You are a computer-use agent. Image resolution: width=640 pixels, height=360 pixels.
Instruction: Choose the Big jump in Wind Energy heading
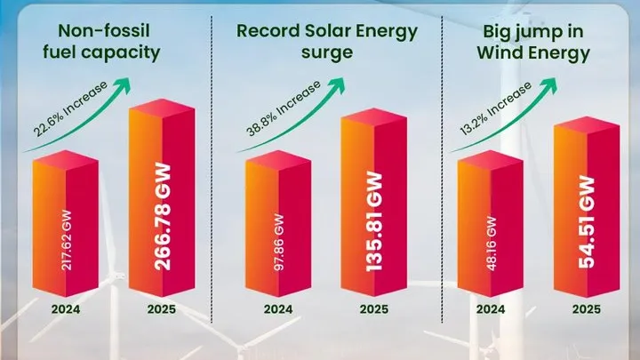536,41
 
